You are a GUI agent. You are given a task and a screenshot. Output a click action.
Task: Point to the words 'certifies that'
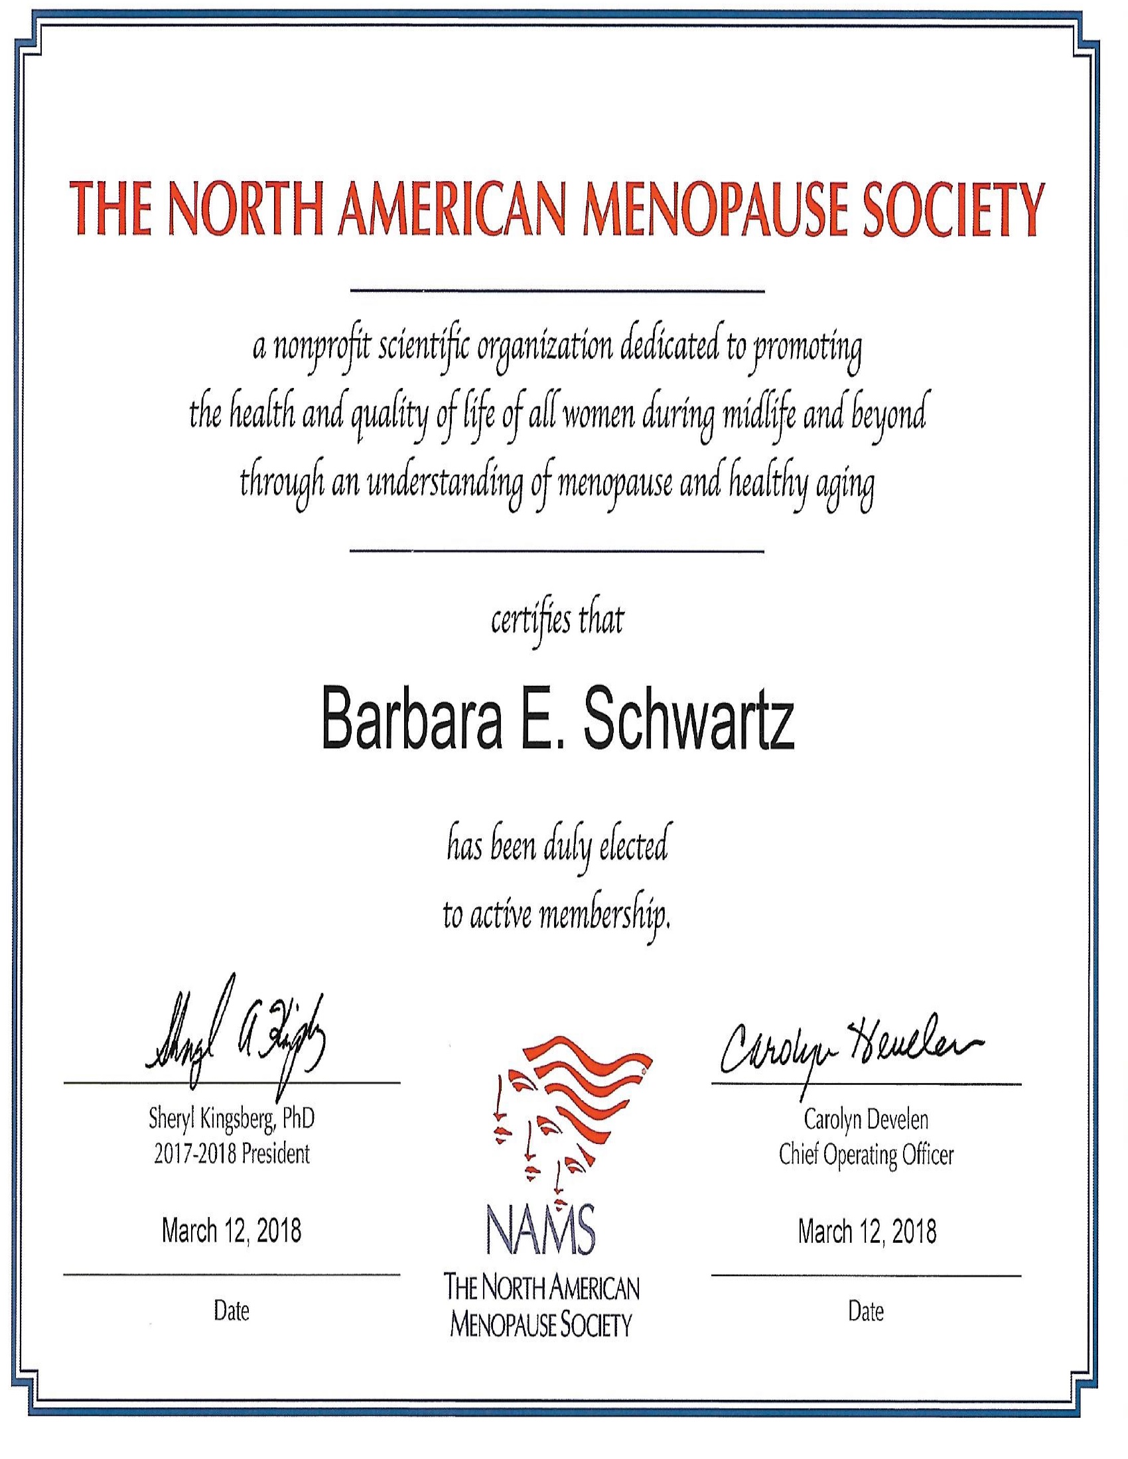(x=557, y=621)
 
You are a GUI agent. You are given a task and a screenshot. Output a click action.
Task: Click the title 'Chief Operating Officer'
(x=866, y=1155)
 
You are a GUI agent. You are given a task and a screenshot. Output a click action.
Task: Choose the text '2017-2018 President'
(x=231, y=1154)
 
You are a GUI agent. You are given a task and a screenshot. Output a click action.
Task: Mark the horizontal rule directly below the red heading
(x=557, y=291)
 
